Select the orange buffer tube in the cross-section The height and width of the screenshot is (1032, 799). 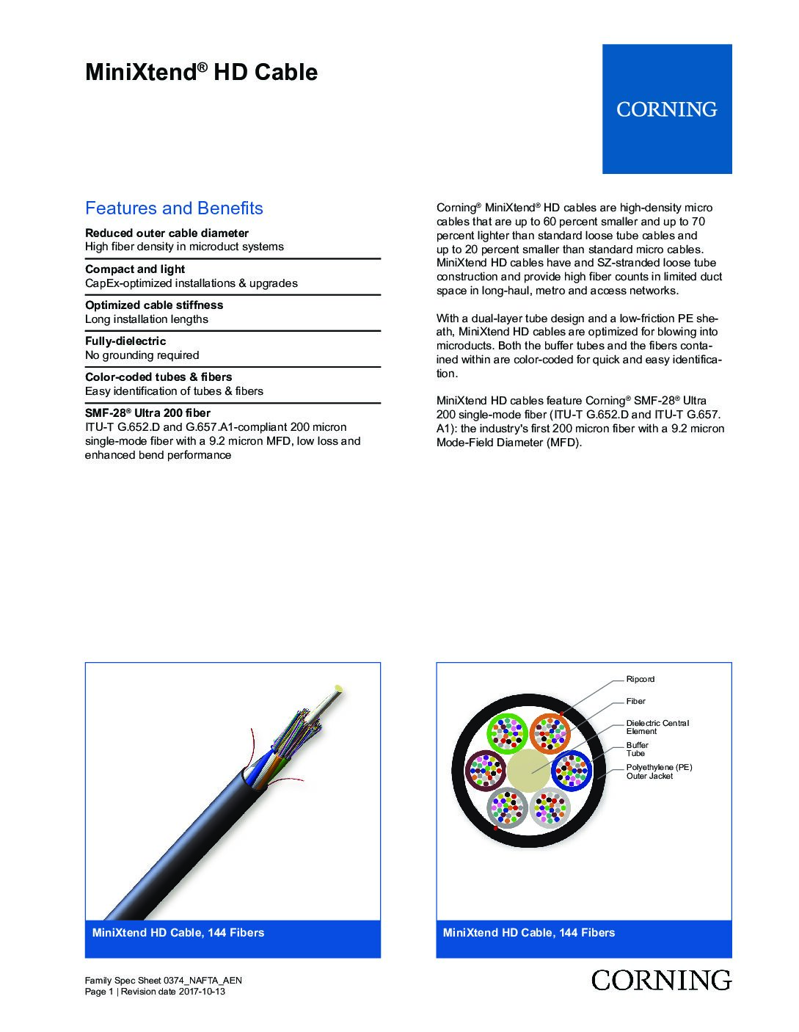pyautogui.click(x=551, y=732)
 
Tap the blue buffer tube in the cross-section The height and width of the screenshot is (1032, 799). pyautogui.click(x=570, y=770)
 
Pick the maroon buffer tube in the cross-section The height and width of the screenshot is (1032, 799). pyautogui.click(x=486, y=770)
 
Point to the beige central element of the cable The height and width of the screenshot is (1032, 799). pyautogui.click(x=528, y=770)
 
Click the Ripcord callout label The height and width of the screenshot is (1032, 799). pyautogui.click(x=640, y=679)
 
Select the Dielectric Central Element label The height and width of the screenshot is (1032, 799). pyautogui.click(x=657, y=727)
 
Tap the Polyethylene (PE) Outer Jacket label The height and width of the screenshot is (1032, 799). pyautogui.click(x=659, y=771)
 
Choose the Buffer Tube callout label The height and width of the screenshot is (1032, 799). pyautogui.click(x=637, y=749)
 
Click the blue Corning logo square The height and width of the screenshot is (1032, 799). pyautogui.click(x=667, y=109)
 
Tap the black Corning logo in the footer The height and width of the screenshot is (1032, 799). pyautogui.click(x=661, y=980)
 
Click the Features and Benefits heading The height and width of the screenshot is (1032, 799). pyautogui.click(x=174, y=208)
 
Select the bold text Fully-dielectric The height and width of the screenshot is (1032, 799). pyautogui.click(x=125, y=341)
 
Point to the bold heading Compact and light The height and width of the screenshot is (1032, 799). pyautogui.click(x=135, y=269)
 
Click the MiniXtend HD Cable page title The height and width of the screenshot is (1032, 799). pyautogui.click(x=201, y=72)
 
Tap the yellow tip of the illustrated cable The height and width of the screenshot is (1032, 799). pyautogui.click(x=338, y=688)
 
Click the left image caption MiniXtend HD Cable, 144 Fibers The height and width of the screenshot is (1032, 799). pyautogui.click(x=178, y=933)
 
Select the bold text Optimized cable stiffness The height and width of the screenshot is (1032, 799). pyautogui.click(x=154, y=305)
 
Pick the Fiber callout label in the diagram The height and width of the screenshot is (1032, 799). pyautogui.click(x=635, y=702)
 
